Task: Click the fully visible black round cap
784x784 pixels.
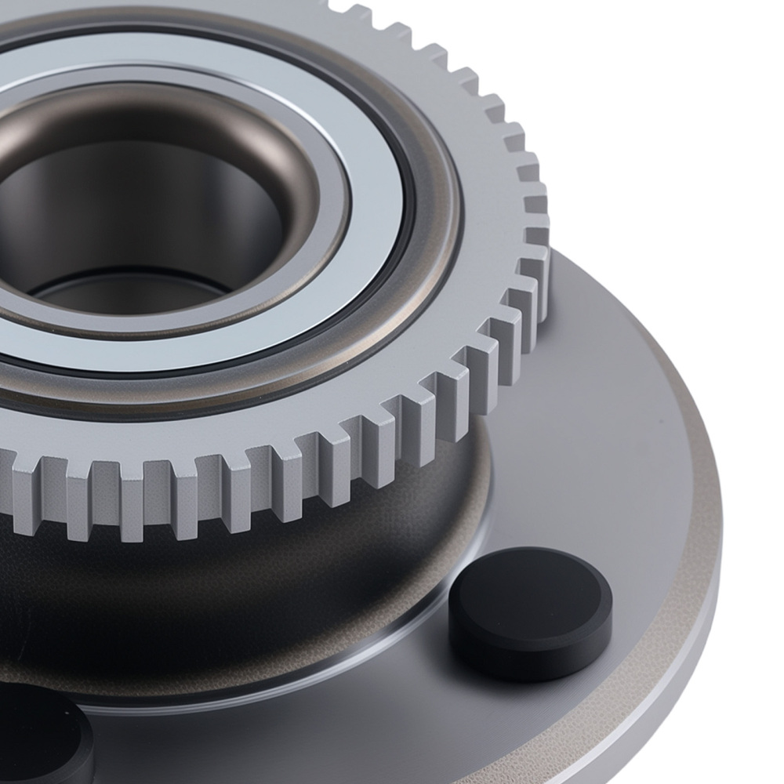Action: click(x=530, y=612)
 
